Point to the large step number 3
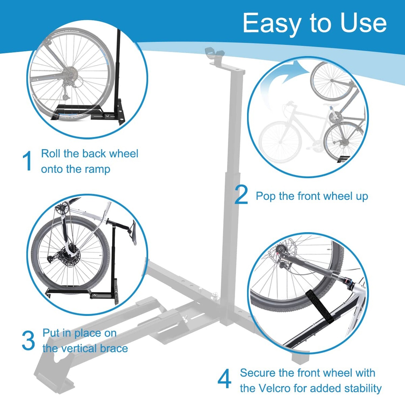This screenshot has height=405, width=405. pos(28,340)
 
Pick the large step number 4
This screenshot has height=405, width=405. pos(224,379)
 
